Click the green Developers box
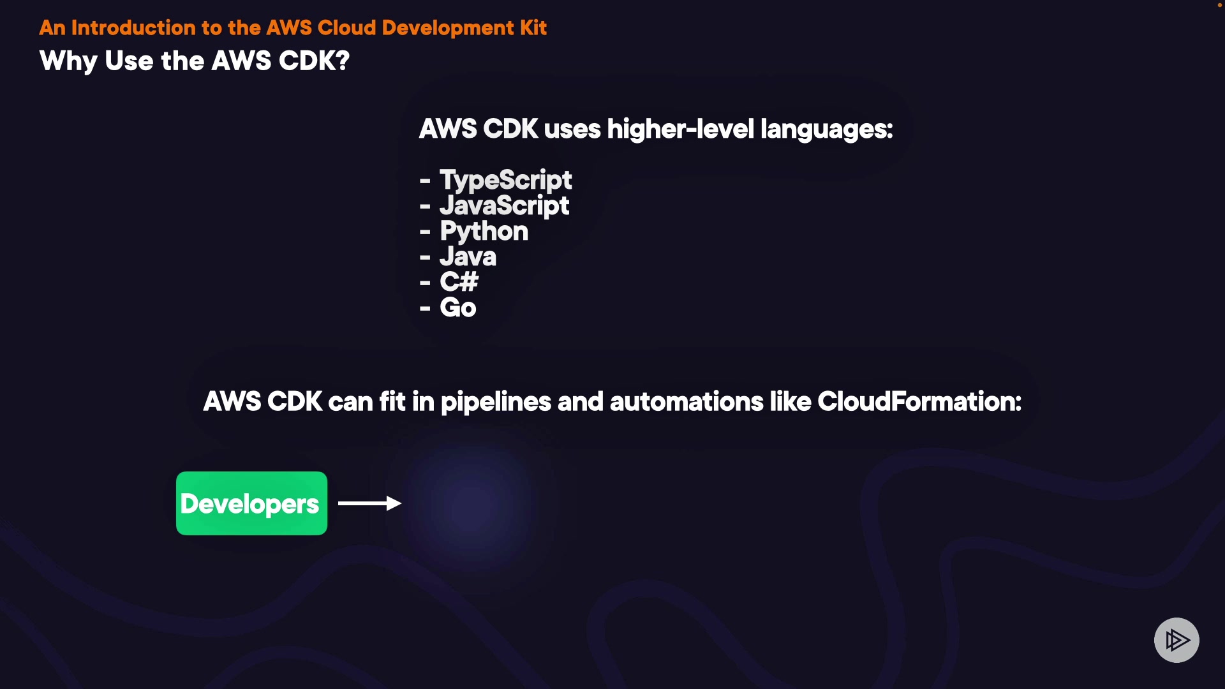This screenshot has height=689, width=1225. pyautogui.click(x=251, y=503)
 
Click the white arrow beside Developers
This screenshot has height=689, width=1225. pyautogui.click(x=369, y=503)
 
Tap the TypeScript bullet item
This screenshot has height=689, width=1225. pyautogui.click(x=496, y=180)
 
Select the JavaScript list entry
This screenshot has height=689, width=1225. pyautogui.click(x=494, y=205)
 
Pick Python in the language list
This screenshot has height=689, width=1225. pyautogui.click(x=474, y=232)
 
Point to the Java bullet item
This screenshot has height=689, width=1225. pyautogui.click(x=458, y=256)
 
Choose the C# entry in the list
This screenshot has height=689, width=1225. pyautogui.click(x=449, y=281)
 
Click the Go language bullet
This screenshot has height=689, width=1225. pyautogui.click(x=448, y=307)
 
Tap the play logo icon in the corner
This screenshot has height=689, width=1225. pyautogui.click(x=1177, y=640)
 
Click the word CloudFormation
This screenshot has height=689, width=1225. pyautogui.click(x=919, y=401)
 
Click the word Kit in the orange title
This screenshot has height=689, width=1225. pyautogui.click(x=533, y=27)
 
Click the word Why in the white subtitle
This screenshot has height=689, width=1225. pyautogui.click(x=69, y=61)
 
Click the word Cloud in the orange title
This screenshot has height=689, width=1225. pyautogui.click(x=347, y=27)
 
